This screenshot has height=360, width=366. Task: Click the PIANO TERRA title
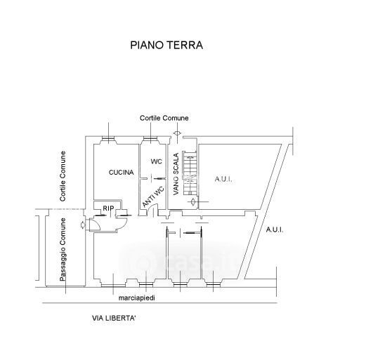(166, 45)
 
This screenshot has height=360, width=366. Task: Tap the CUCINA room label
(122, 173)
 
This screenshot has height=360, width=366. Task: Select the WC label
(157, 161)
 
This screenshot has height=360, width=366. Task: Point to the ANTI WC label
(153, 196)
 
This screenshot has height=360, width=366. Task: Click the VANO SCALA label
(176, 174)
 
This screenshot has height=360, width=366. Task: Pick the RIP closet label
(108, 208)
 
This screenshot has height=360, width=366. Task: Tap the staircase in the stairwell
(189, 173)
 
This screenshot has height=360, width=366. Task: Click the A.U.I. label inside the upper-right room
(223, 180)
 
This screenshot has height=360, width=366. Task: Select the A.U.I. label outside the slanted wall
(275, 229)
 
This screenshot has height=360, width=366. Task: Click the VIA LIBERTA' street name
(114, 318)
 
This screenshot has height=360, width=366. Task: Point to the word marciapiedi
(137, 298)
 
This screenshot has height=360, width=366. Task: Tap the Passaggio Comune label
(63, 250)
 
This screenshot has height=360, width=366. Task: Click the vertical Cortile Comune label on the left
(63, 176)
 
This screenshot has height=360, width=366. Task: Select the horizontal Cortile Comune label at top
(164, 118)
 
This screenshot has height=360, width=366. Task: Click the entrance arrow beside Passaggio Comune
(83, 225)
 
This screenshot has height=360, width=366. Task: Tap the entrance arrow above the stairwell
(177, 133)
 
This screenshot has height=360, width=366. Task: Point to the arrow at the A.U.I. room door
(193, 201)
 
